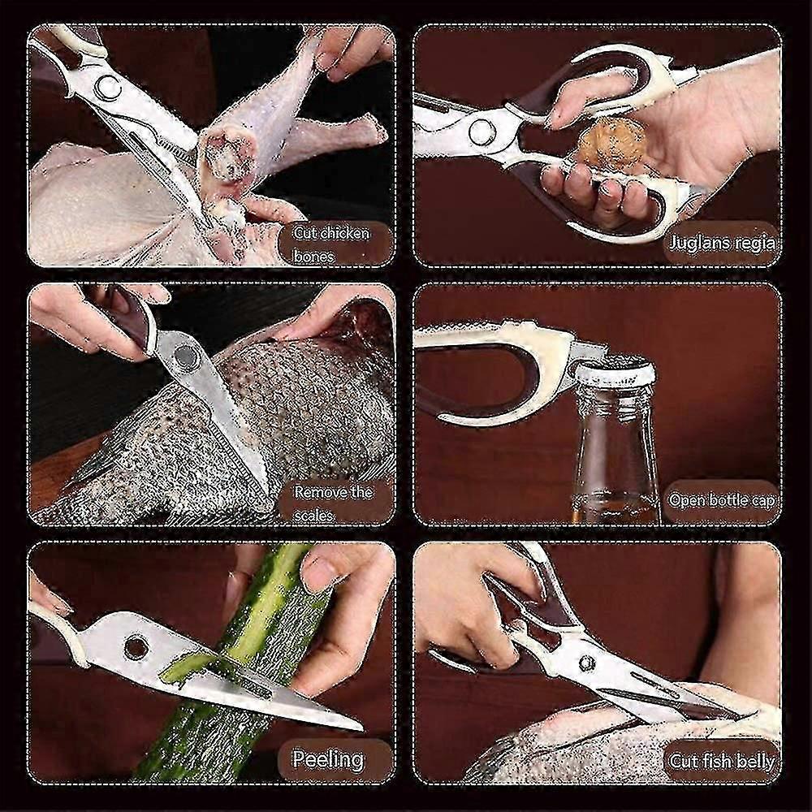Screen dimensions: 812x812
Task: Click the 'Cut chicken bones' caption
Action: pyautogui.click(x=330, y=244)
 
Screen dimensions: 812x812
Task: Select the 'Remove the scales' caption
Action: pyautogui.click(x=332, y=503)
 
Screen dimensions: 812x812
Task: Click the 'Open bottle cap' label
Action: pyautogui.click(x=721, y=501)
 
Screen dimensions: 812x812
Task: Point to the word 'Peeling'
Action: pyautogui.click(x=328, y=759)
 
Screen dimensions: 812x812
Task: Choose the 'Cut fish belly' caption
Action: pyautogui.click(x=721, y=761)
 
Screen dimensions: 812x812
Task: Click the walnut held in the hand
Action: pyautogui.click(x=612, y=140)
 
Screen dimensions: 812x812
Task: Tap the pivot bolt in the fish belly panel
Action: pyautogui.click(x=586, y=663)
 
